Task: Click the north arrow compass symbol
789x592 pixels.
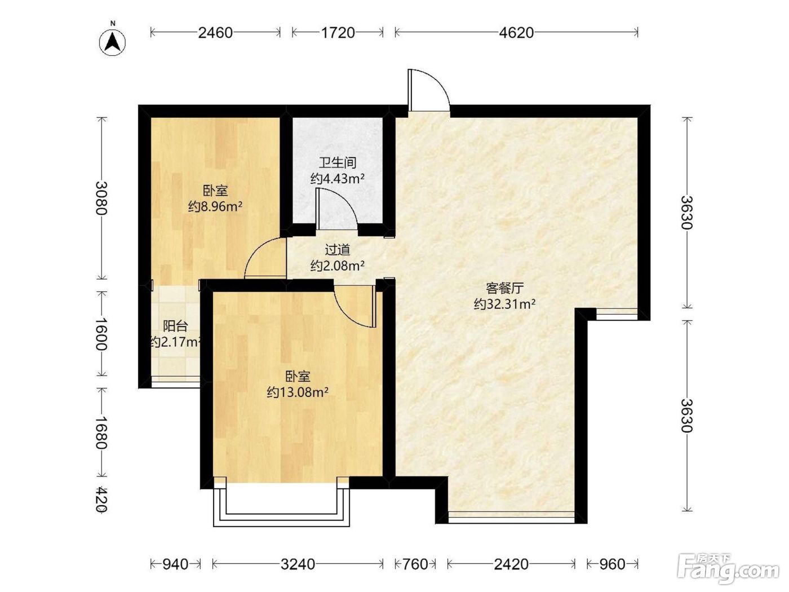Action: point(113,42)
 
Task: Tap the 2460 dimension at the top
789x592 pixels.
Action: point(216,33)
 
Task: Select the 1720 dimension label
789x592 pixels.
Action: point(338,33)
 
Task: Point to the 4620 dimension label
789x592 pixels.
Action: point(517,33)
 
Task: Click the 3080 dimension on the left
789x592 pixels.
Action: point(102,198)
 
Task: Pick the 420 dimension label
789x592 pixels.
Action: point(102,499)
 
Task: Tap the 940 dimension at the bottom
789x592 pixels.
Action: point(175,564)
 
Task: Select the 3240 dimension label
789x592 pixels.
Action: point(298,564)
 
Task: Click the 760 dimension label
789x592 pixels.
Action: point(415,564)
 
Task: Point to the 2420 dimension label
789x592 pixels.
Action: point(511,564)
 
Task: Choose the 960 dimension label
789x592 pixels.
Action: point(613,564)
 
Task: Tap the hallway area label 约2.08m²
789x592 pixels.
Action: point(338,266)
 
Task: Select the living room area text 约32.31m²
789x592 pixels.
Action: point(504,304)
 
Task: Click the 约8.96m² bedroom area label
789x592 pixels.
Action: point(215,206)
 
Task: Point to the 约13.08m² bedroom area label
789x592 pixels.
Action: point(298,392)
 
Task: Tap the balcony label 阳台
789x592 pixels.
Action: point(175,326)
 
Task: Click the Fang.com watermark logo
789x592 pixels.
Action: point(728,569)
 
